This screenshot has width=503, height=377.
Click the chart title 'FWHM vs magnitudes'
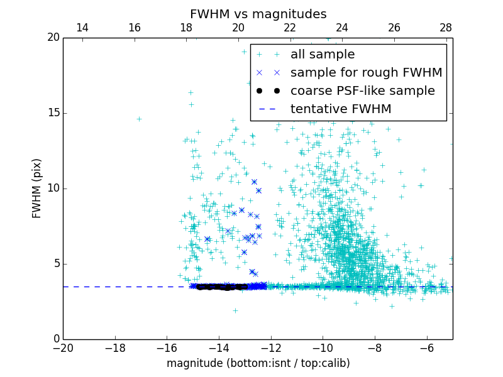pyautogui.click(x=258, y=14)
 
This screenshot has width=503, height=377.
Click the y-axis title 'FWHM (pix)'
pyautogui.click(x=37, y=188)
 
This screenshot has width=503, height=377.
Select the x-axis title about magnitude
pyautogui.click(x=258, y=363)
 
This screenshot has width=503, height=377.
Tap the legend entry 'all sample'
pyautogui.click(x=323, y=55)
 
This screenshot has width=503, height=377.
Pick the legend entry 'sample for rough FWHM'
pyautogui.click(x=366, y=73)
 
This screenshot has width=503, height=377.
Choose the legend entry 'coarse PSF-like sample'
pyautogui.click(x=362, y=91)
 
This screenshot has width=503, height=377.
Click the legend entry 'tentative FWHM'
pyautogui.click(x=341, y=109)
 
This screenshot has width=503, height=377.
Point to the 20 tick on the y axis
pyautogui.click(x=53, y=38)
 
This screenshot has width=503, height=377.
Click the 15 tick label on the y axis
pyautogui.click(x=53, y=113)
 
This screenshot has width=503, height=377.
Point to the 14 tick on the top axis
pyautogui.click(x=82, y=28)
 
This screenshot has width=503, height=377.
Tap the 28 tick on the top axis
pyautogui.click(x=446, y=28)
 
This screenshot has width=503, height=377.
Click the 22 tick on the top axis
pyautogui.click(x=290, y=28)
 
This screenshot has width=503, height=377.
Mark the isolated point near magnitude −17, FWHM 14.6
pyautogui.click(x=139, y=119)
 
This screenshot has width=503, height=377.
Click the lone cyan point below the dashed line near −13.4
pyautogui.click(x=235, y=310)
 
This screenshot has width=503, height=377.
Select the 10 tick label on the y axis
pyautogui.click(x=53, y=188)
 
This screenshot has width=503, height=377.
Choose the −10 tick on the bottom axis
pyautogui.click(x=323, y=347)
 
